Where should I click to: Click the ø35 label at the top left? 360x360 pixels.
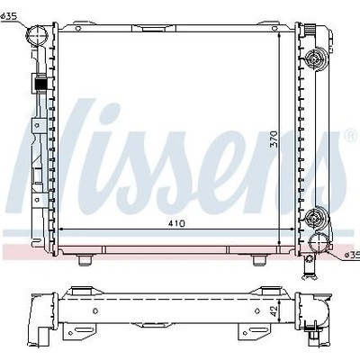9,17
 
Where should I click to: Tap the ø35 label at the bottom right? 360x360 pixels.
352,255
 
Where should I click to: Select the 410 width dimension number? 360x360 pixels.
177,224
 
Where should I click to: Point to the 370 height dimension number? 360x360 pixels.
274,139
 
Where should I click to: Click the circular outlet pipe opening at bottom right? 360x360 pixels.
319,242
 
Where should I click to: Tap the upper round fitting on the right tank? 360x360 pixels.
314,59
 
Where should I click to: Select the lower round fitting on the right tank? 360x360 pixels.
314,218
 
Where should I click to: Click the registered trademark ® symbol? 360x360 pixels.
350,136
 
